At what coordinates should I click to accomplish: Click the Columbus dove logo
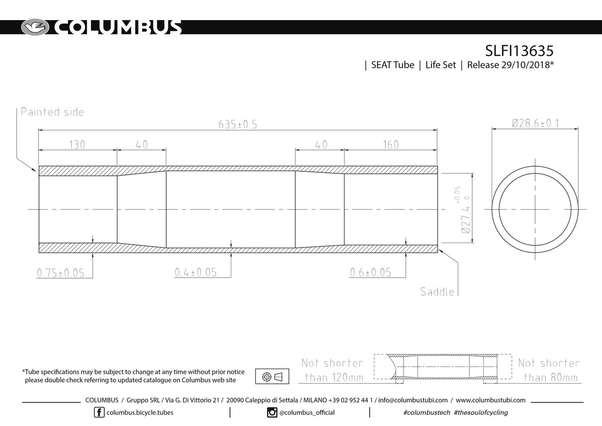[35, 28]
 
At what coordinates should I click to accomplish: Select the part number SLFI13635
[520, 51]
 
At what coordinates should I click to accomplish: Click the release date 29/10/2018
[526, 65]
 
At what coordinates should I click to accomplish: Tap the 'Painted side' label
[52, 112]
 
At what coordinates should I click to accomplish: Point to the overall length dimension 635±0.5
[237, 124]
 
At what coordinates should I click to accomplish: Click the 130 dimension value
[77, 145]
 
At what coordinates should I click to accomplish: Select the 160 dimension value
[391, 145]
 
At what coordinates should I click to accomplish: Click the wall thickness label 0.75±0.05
[61, 273]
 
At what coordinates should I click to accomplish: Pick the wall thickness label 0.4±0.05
[196, 272]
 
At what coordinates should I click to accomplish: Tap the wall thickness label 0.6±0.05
[371, 272]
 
